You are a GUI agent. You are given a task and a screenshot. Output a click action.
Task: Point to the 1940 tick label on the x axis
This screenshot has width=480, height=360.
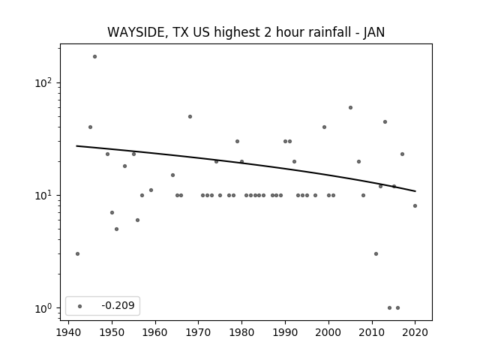tap(68, 332)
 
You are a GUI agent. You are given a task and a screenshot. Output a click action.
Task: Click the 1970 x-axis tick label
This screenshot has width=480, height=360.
tap(199, 332)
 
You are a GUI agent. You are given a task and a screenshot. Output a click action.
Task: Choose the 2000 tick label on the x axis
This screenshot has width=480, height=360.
tap(328, 332)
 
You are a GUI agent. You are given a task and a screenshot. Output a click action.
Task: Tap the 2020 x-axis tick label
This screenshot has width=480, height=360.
tap(415, 332)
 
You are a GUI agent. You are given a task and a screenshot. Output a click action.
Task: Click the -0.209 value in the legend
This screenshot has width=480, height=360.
tap(118, 305)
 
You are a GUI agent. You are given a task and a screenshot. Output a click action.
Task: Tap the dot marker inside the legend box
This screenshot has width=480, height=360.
tap(80, 306)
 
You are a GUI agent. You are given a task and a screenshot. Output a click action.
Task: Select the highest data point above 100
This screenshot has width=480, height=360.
tap(95, 57)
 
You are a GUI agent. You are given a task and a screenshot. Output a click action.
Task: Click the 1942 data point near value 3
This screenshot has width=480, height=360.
tap(77, 253)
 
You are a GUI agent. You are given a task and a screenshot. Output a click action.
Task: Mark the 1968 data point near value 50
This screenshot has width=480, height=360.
tap(190, 117)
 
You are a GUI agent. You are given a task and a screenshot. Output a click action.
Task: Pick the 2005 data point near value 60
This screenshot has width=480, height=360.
tap(350, 108)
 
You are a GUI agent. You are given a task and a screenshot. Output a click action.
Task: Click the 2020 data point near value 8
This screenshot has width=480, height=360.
tap(415, 206)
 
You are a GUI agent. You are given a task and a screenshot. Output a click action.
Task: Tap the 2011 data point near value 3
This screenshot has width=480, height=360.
tap(376, 253)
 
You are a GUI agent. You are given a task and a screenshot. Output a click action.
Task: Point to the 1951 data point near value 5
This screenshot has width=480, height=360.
tap(117, 229)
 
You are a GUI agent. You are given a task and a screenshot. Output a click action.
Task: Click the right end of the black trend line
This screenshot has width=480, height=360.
tap(415, 191)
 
